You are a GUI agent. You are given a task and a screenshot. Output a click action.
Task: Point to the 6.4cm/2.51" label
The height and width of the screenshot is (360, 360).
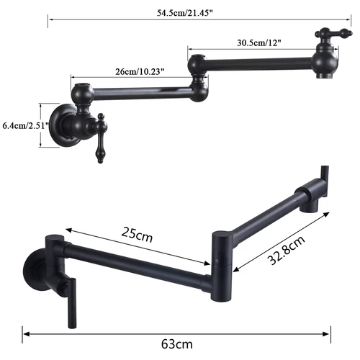[x=24, y=125]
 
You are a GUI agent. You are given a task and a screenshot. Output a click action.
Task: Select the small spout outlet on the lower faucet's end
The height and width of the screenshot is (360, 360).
[x=311, y=207]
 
